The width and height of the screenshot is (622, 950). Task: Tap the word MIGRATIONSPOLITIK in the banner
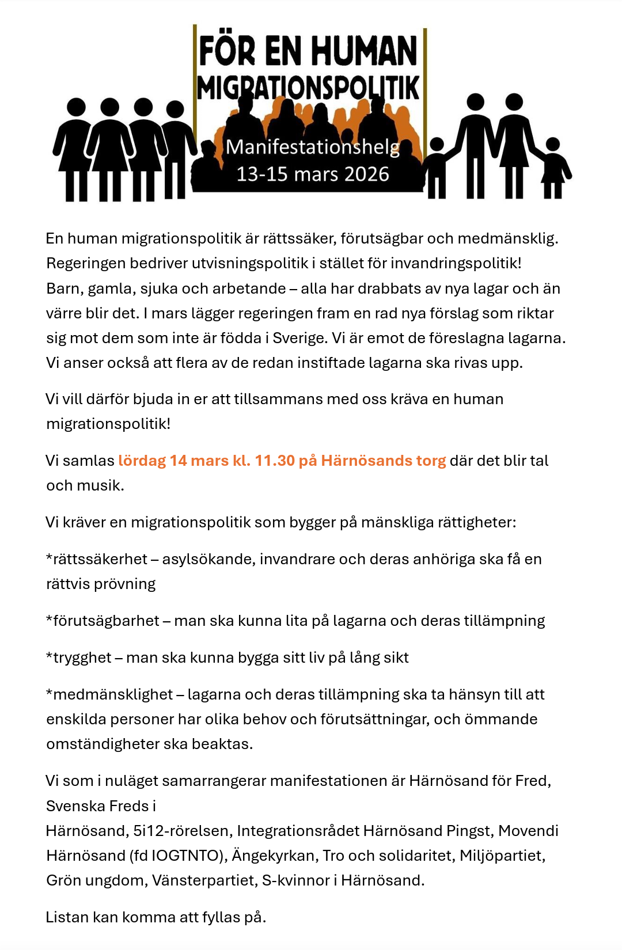pos(308,88)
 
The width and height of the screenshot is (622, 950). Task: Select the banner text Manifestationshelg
pos(312,147)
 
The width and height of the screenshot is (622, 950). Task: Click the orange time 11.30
pos(275,461)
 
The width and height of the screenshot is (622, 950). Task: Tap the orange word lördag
pos(142,461)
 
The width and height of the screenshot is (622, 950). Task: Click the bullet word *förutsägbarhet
pos(103,621)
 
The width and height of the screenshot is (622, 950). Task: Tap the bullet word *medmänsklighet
pos(109,694)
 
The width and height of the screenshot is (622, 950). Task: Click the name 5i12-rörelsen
pos(180,831)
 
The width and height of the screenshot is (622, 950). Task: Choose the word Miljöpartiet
pos(502,856)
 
